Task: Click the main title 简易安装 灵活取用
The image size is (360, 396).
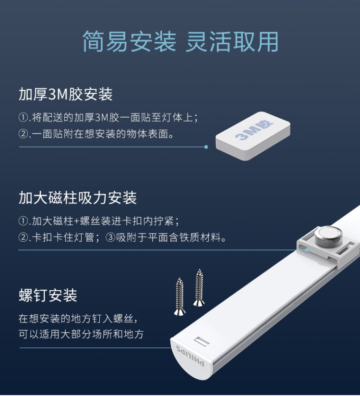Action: (180, 41)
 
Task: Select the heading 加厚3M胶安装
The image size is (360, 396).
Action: (66, 94)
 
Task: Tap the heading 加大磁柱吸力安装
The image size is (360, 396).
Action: (78, 198)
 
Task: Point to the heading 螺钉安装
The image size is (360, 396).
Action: (48, 295)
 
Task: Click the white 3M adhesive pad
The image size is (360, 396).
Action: (253, 136)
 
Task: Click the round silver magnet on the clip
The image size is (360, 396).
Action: (328, 236)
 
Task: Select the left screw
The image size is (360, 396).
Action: (180, 297)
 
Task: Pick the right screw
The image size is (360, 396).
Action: (199, 287)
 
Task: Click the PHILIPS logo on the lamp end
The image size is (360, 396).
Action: (190, 356)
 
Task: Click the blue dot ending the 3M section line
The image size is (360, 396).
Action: (206, 147)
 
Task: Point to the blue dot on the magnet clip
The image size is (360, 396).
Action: (308, 250)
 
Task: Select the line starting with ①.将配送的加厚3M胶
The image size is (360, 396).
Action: (108, 118)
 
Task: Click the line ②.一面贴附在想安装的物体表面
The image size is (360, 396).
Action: (96, 134)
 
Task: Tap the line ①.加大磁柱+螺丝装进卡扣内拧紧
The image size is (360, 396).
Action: (99, 221)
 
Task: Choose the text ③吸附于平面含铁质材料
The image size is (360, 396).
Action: (166, 237)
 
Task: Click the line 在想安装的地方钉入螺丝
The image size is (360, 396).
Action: (78, 318)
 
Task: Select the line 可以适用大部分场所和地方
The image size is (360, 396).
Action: (81, 334)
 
